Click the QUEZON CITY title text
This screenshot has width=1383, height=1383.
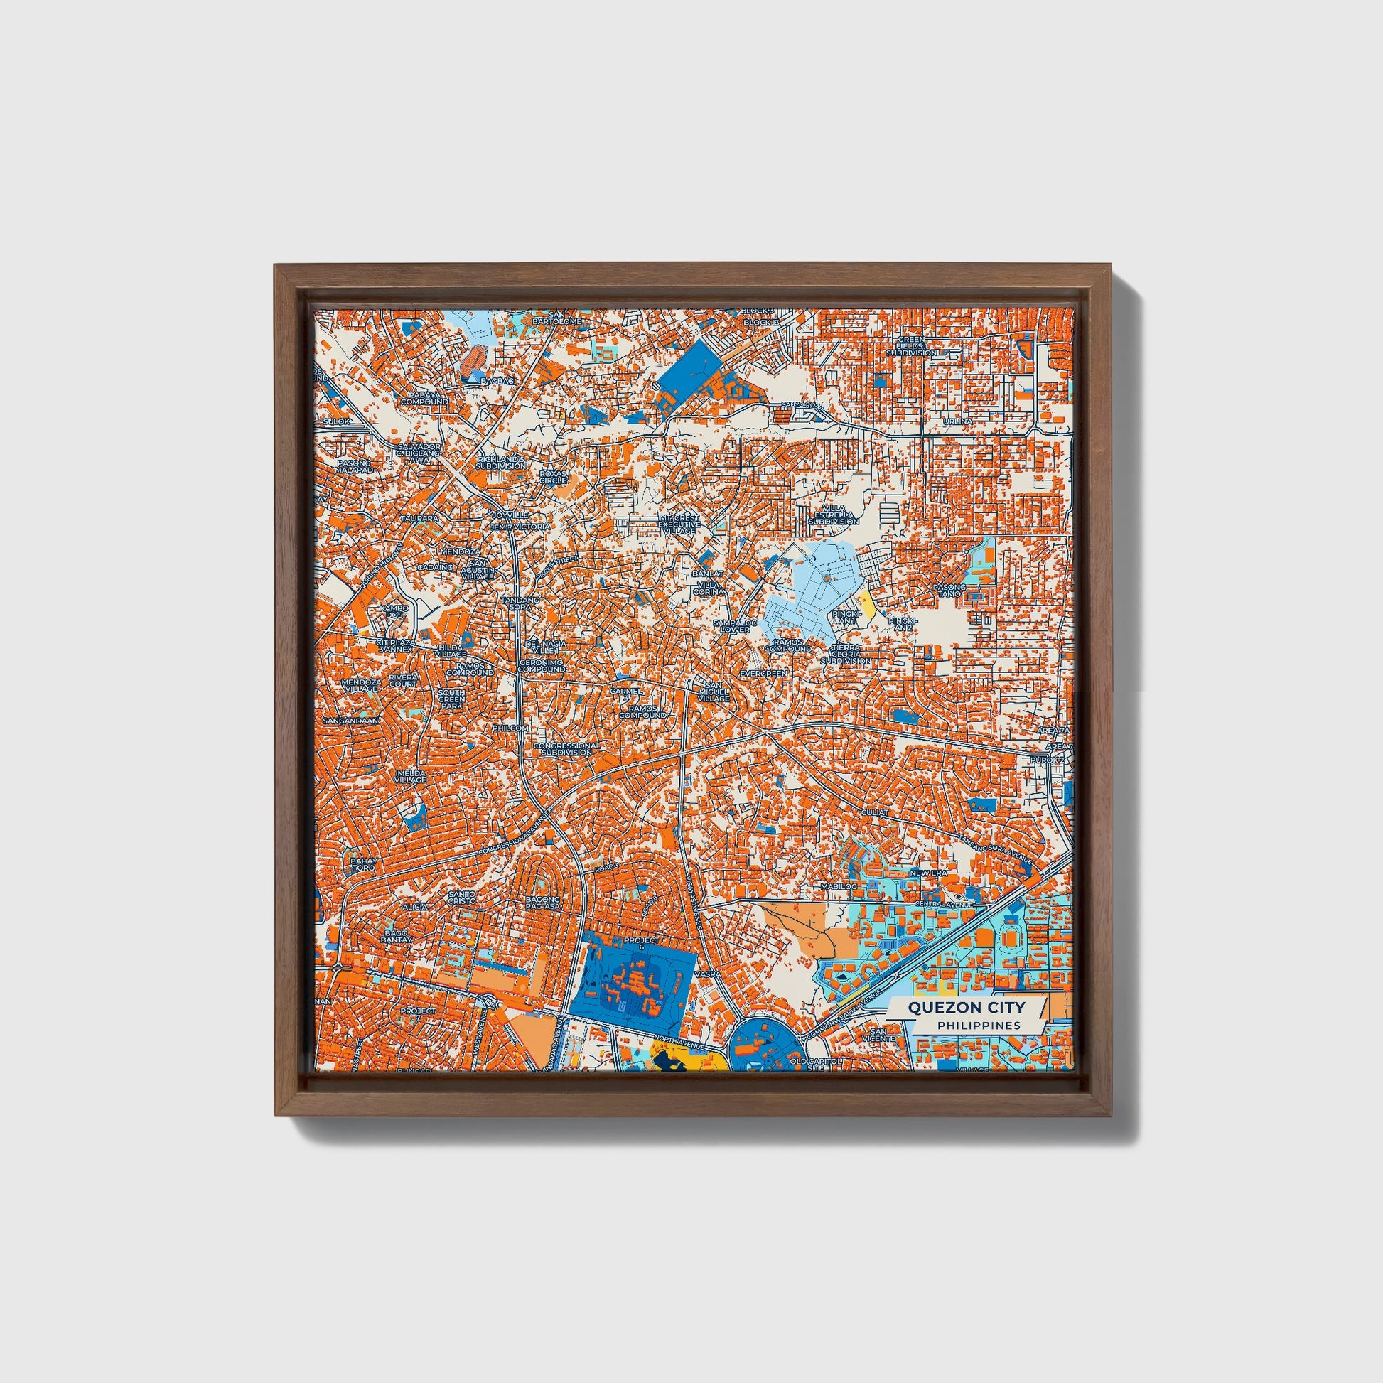pos(967,1007)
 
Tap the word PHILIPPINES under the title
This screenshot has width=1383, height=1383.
pos(979,1025)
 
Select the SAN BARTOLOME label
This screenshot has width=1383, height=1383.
pos(557,318)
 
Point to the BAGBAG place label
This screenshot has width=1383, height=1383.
pos(497,381)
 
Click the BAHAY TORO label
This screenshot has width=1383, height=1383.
pos(362,863)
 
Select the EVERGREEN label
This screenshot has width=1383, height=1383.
pos(764,674)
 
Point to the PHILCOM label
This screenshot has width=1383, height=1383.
pos(510,728)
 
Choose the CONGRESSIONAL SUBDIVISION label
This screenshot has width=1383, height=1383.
pos(567,749)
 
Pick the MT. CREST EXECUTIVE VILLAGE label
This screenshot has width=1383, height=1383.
pos(679,524)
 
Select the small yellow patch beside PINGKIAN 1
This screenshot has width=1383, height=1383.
pos(868,606)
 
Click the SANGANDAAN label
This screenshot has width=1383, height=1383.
pos(351,720)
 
